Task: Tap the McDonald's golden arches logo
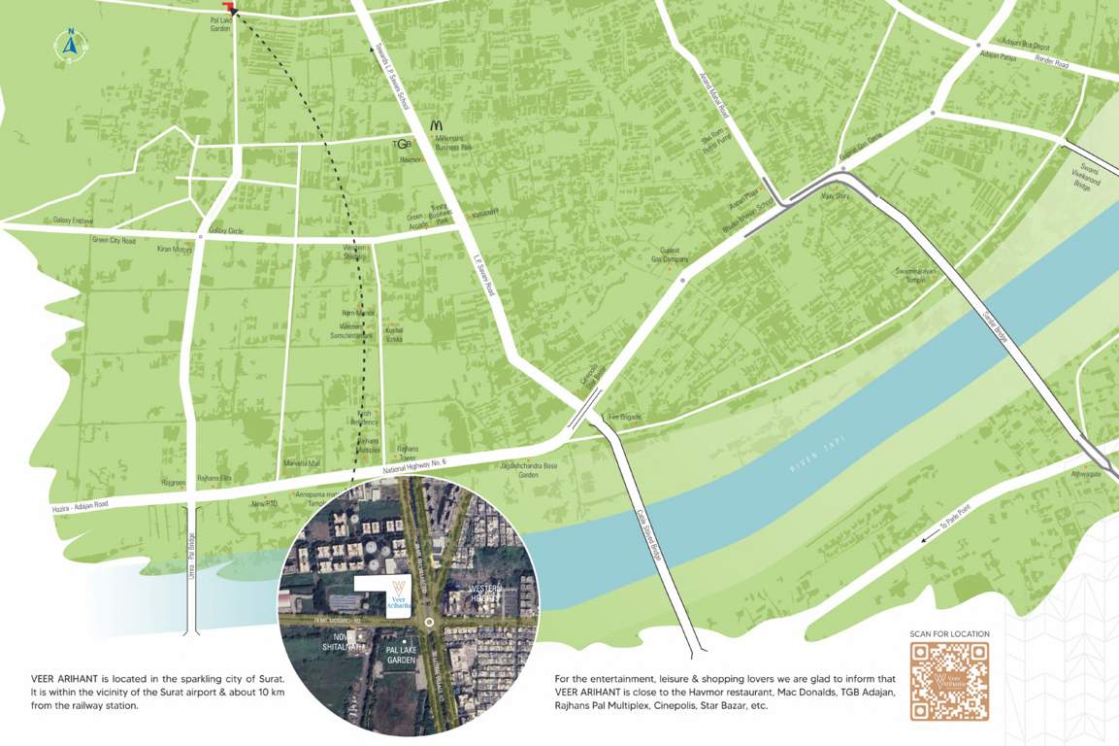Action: [437, 125]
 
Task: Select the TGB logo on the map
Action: [402, 145]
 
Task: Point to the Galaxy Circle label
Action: [225, 230]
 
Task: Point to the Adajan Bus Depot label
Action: [1028, 46]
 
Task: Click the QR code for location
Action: [948, 681]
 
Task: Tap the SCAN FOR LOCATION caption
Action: [949, 634]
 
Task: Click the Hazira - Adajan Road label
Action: [81, 507]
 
